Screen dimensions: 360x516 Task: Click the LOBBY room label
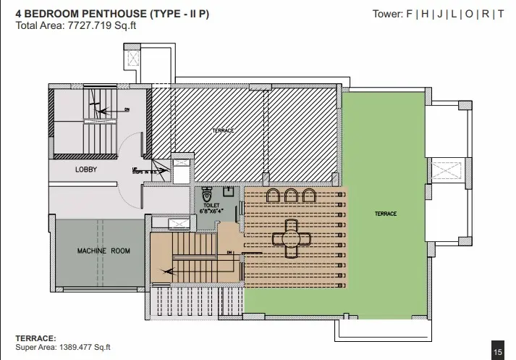tap(86, 169)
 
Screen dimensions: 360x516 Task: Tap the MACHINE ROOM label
tap(103, 251)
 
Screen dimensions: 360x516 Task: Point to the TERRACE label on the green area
tap(386, 214)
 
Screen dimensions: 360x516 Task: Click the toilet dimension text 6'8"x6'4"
tap(211, 212)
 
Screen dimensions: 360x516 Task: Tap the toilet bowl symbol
tap(208, 194)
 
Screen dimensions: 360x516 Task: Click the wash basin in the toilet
tap(228, 192)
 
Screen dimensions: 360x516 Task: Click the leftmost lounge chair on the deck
tap(274, 196)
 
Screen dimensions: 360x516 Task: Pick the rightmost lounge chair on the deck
tap(309, 196)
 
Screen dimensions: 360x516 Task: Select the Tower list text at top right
tap(438, 14)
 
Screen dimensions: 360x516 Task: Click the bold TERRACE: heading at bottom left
tap(36, 338)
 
